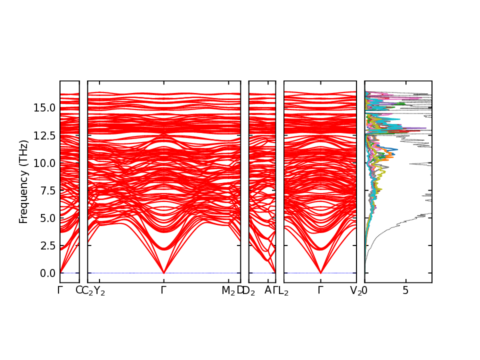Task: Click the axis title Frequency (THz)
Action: (23, 181)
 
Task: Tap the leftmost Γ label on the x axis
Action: (60, 290)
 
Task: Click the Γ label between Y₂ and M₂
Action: (164, 290)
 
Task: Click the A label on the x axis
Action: (268, 290)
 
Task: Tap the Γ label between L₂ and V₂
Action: (320, 290)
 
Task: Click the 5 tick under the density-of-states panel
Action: (406, 290)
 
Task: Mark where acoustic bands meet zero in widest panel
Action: (164, 273)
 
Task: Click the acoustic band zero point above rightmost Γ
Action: (320, 273)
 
